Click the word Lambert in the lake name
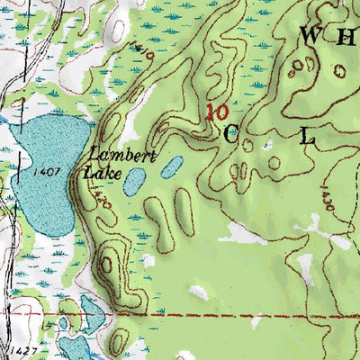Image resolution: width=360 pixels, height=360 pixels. [x=124, y=154]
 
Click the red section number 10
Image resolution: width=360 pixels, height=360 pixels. [x=215, y=112]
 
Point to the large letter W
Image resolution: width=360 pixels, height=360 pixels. [x=310, y=36]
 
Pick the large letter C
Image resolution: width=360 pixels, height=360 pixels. [x=231, y=135]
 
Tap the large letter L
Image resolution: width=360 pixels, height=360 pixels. [x=308, y=137]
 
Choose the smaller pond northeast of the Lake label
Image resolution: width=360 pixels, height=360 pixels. [x=172, y=166]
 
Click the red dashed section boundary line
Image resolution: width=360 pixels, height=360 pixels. [x=252, y=316]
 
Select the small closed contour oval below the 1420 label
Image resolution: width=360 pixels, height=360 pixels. [x=106, y=265]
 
